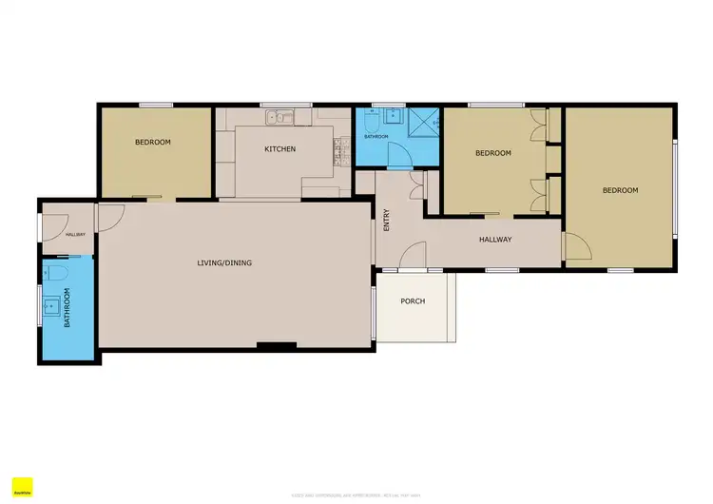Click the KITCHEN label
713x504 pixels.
(x=279, y=149)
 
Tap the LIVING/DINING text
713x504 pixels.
(x=224, y=263)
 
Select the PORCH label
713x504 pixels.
(x=413, y=301)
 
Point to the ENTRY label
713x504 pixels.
(x=387, y=222)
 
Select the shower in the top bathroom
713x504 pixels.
(x=424, y=121)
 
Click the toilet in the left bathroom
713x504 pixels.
(x=58, y=276)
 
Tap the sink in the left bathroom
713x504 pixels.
(x=51, y=305)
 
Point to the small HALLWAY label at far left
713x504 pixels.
(x=75, y=235)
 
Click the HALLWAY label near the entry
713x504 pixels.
(x=495, y=240)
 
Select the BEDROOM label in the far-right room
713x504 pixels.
(x=620, y=190)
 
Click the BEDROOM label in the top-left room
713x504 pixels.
(x=152, y=143)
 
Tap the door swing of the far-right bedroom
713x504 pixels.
(x=577, y=249)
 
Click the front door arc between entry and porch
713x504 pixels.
(x=412, y=255)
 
